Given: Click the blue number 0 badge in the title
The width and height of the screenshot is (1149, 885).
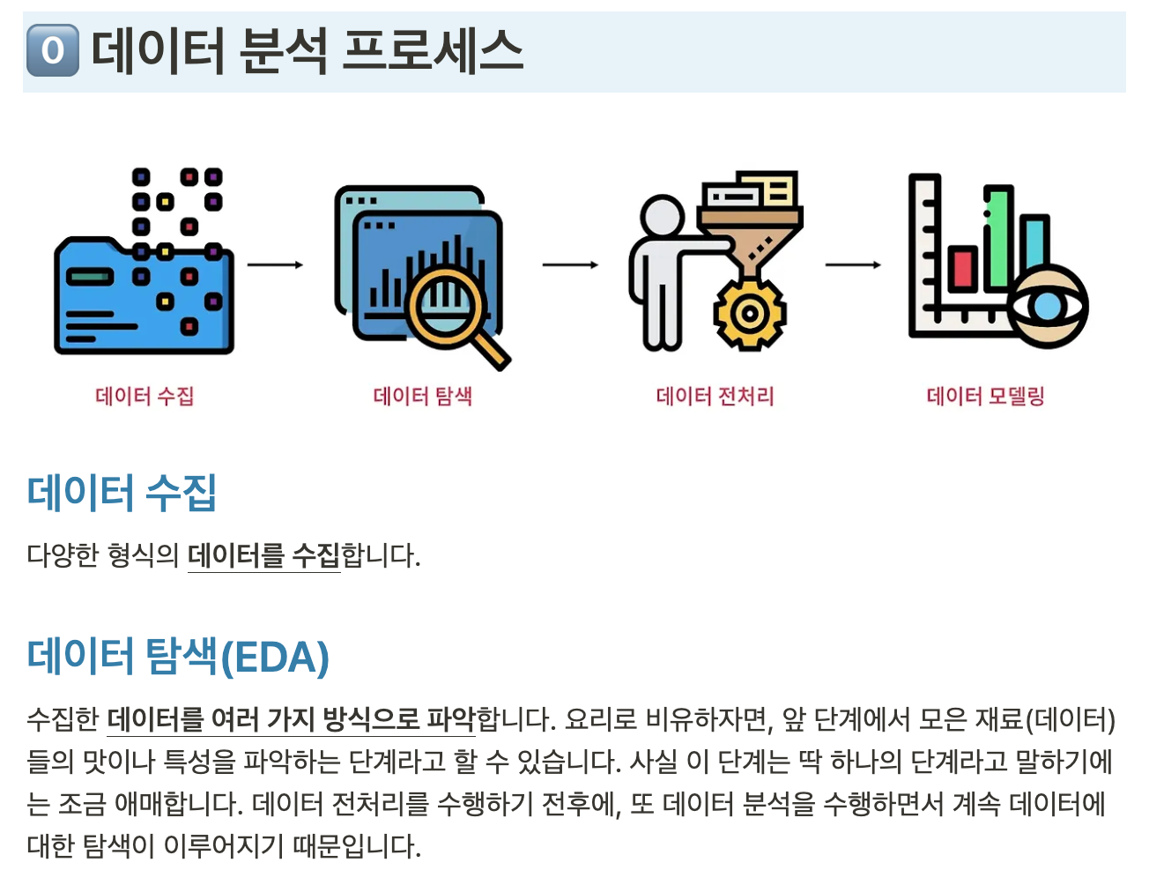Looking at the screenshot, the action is coord(53,50).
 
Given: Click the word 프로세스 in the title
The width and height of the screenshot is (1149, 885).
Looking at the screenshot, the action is coord(433,51).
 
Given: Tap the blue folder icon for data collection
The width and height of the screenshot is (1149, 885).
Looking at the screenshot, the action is coord(144,295).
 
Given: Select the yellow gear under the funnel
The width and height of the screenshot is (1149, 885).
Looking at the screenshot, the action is coord(749,314).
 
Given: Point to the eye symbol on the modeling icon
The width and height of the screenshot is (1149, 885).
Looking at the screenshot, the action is coord(1048,306).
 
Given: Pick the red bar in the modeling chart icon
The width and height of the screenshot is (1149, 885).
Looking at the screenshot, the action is coord(962,270).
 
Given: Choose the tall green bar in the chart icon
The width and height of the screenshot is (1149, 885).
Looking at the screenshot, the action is coord(998,237).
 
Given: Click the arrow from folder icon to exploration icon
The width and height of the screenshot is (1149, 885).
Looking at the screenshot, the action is coord(275,264).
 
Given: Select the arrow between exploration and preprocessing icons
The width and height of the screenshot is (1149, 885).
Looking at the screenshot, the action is coord(570,264).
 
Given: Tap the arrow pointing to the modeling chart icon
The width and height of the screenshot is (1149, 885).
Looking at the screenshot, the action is coord(853,264).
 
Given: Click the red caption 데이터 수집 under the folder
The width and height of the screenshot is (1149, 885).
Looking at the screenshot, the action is coord(145,396).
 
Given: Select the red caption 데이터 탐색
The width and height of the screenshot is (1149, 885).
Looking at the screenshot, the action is coord(422,396).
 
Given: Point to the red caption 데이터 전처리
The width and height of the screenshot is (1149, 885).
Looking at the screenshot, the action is coord(715,396).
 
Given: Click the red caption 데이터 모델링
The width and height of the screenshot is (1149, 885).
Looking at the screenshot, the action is coord(986,396).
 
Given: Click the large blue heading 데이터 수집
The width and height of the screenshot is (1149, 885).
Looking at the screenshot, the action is coord(122,493).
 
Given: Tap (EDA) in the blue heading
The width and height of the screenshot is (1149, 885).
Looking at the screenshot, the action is coord(274,657).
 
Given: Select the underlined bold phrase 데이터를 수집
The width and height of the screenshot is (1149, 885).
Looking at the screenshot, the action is coord(263,555).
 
